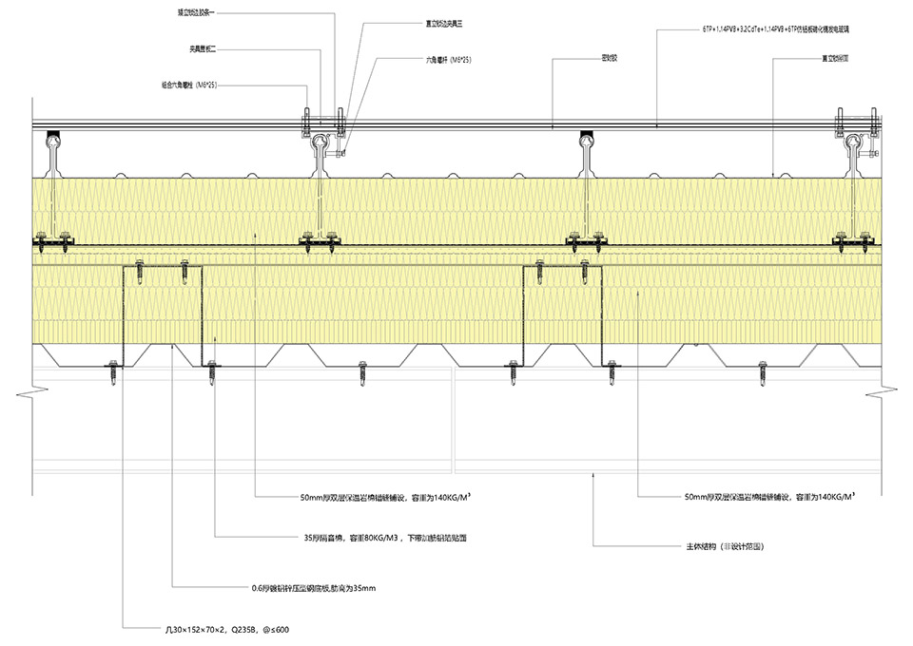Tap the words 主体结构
point(701,547)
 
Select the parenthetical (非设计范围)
point(744,547)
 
